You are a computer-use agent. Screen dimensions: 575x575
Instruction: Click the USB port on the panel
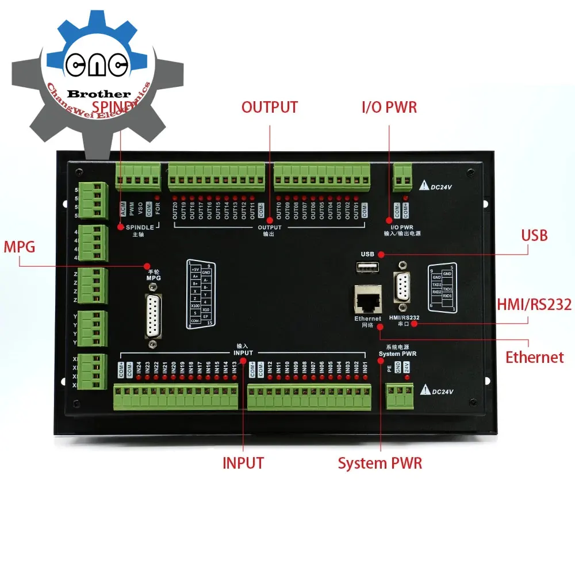[367, 267]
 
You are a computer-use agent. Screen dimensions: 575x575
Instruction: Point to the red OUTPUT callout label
[270, 108]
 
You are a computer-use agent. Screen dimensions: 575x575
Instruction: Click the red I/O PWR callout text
[389, 108]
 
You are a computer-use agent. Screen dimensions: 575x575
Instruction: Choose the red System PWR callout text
[380, 463]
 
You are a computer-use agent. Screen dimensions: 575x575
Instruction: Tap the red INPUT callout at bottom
[243, 463]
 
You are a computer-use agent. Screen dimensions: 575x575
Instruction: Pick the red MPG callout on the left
[20, 248]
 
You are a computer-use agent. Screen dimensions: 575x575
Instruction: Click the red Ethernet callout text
[535, 357]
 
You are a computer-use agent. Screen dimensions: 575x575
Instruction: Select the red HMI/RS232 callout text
[535, 305]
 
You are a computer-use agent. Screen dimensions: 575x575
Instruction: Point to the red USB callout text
[534, 235]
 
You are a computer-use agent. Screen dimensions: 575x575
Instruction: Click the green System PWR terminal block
[400, 396]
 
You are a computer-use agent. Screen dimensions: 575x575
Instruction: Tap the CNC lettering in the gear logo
[96, 64]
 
